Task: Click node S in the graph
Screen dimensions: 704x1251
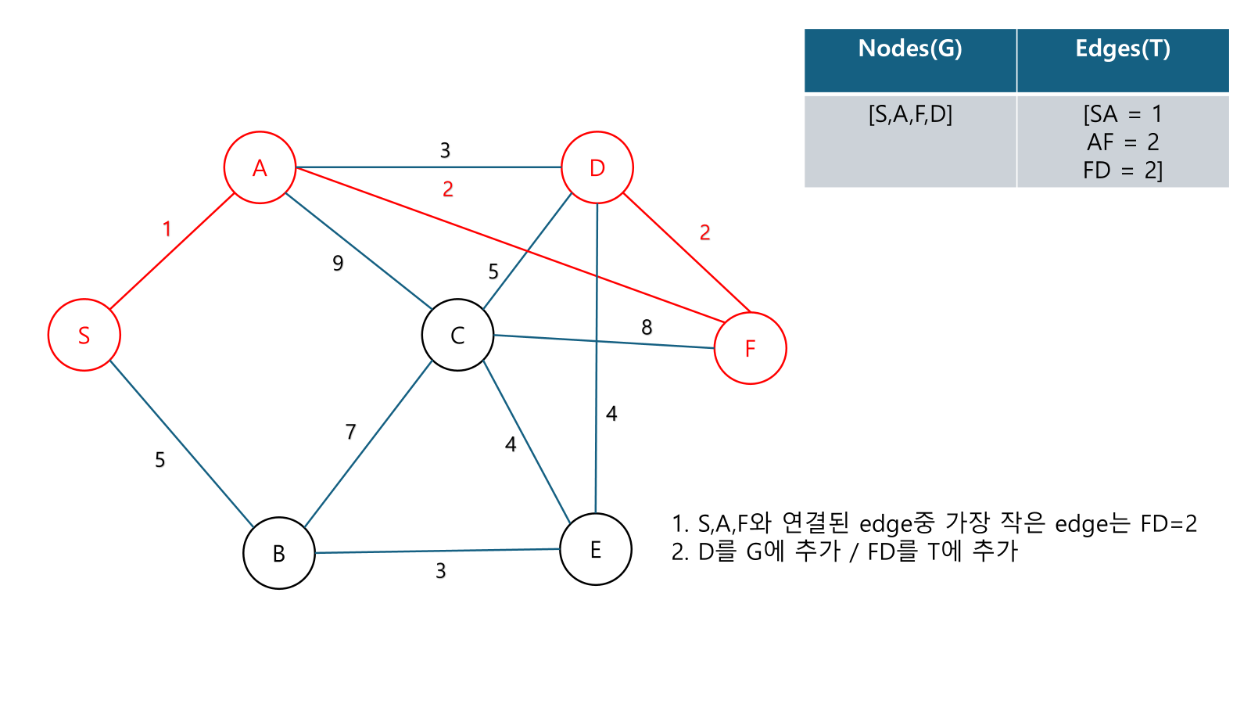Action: coord(84,335)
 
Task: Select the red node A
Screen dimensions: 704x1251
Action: coord(260,167)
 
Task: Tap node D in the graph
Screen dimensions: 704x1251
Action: coord(597,167)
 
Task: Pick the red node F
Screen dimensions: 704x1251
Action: coord(750,348)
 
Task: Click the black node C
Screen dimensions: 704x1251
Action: coord(457,335)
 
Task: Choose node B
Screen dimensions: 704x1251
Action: coord(279,553)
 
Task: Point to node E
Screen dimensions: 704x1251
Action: coord(596,549)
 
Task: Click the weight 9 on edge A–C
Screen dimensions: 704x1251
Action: coord(338,263)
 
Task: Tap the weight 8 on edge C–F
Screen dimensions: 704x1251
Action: coord(647,327)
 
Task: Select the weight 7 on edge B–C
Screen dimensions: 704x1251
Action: coord(350,431)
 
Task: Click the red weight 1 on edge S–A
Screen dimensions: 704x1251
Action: coord(167,228)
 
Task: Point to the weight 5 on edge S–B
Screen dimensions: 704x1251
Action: coord(160,459)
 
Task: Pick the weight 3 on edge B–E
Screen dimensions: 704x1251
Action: coord(441,571)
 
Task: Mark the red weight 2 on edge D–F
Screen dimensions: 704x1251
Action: coord(705,232)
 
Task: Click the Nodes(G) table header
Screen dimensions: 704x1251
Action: coord(910,49)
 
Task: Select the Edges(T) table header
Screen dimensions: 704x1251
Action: coord(1123,49)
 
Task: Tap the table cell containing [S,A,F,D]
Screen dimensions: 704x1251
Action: coord(910,115)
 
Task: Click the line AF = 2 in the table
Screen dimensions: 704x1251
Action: coord(1123,142)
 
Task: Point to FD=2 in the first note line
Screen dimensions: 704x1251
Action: coord(1168,523)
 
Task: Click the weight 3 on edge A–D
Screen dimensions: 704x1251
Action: coord(445,150)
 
